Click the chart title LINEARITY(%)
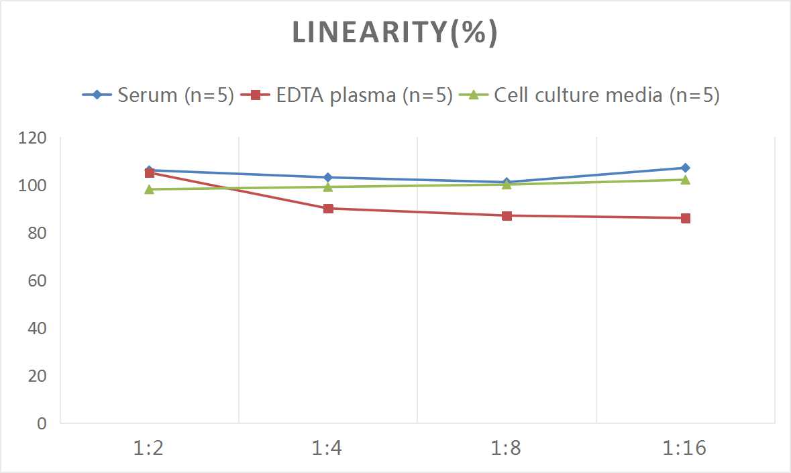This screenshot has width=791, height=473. coord(395,33)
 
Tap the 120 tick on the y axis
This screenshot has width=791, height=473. coord(33,138)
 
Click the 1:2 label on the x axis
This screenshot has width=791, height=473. coord(149,448)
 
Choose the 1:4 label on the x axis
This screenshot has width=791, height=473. coord(328,448)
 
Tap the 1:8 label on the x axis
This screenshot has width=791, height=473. coord(507,448)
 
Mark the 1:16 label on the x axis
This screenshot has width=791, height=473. coord(686,448)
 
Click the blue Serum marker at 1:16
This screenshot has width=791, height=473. coord(686,168)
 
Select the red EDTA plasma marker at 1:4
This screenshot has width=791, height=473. coord(328,209)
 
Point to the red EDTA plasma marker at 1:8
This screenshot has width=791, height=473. coord(507,215)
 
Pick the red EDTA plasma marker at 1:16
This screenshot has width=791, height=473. coord(686,218)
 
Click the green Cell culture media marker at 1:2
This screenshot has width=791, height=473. coord(149,189)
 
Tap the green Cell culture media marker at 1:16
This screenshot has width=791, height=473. coord(686,180)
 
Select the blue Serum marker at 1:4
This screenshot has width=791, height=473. coord(328,177)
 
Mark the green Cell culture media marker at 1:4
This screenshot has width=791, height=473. coord(328,187)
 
